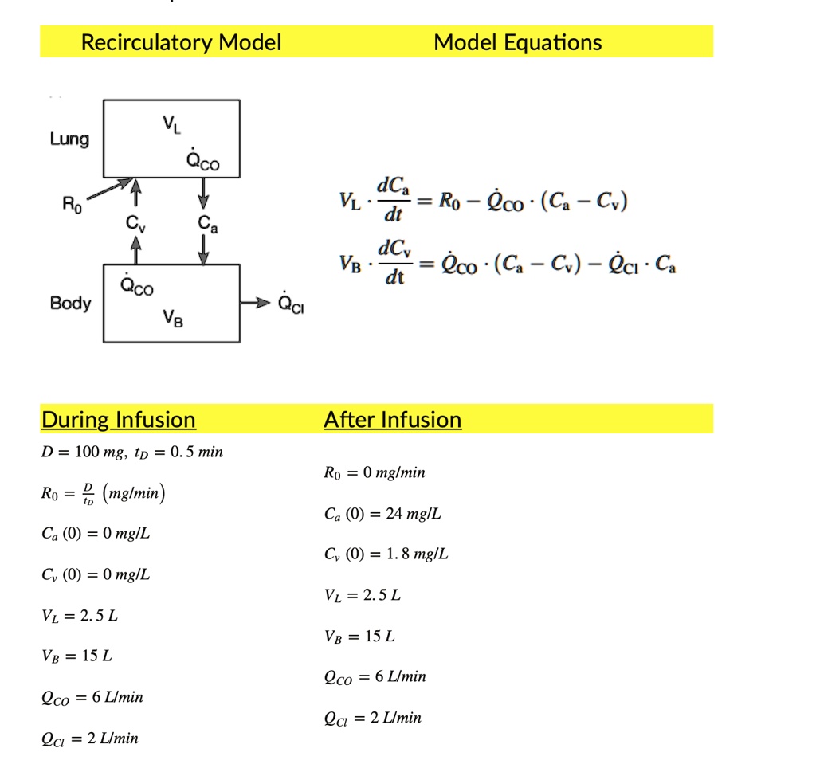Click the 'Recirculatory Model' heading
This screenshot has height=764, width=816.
(x=181, y=42)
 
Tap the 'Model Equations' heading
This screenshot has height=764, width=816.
(x=517, y=42)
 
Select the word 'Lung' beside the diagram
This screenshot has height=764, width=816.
(x=69, y=139)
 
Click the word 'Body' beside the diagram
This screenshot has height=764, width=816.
(x=70, y=304)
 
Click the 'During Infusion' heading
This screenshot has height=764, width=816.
(x=118, y=419)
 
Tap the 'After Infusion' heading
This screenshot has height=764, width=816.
(x=392, y=419)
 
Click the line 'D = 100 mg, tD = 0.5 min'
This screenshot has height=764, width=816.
(x=132, y=453)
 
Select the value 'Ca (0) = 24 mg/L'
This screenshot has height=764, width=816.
(x=382, y=514)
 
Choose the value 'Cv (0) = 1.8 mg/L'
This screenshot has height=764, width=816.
(x=386, y=554)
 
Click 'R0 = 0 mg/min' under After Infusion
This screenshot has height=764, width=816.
(x=375, y=473)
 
